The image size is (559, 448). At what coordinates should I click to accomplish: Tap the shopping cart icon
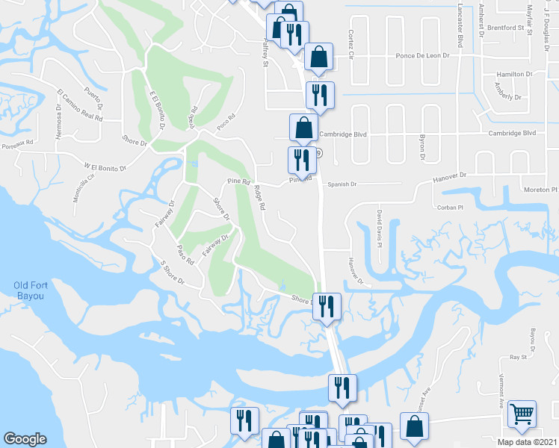[522, 413]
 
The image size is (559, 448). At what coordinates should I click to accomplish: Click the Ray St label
[519, 358]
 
